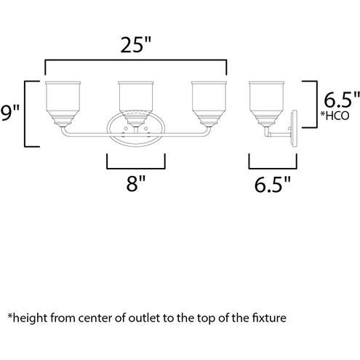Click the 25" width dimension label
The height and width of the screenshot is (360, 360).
tap(136, 45)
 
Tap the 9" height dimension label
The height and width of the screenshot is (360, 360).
tap(9, 113)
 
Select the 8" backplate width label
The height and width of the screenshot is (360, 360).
tap(136, 184)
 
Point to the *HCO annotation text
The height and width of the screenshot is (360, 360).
tap(335, 116)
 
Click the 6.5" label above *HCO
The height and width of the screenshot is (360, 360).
tap(342, 100)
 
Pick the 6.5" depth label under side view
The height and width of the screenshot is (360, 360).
tap(273, 185)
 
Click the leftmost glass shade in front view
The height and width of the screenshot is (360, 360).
tap(63, 103)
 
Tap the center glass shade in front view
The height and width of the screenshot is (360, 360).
tap(136, 103)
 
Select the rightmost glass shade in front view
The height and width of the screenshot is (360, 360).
tap(209, 103)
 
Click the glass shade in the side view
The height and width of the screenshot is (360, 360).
tap(266, 103)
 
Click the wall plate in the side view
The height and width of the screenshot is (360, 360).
tap(295, 129)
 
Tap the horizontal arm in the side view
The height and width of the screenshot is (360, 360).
tap(279, 134)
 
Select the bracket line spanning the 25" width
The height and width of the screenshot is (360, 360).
tap(136, 60)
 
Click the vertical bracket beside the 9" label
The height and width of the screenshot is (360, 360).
tap(25, 114)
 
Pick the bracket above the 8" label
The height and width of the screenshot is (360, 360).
tap(136, 168)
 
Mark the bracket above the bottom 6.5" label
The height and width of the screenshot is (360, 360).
tap(273, 168)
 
